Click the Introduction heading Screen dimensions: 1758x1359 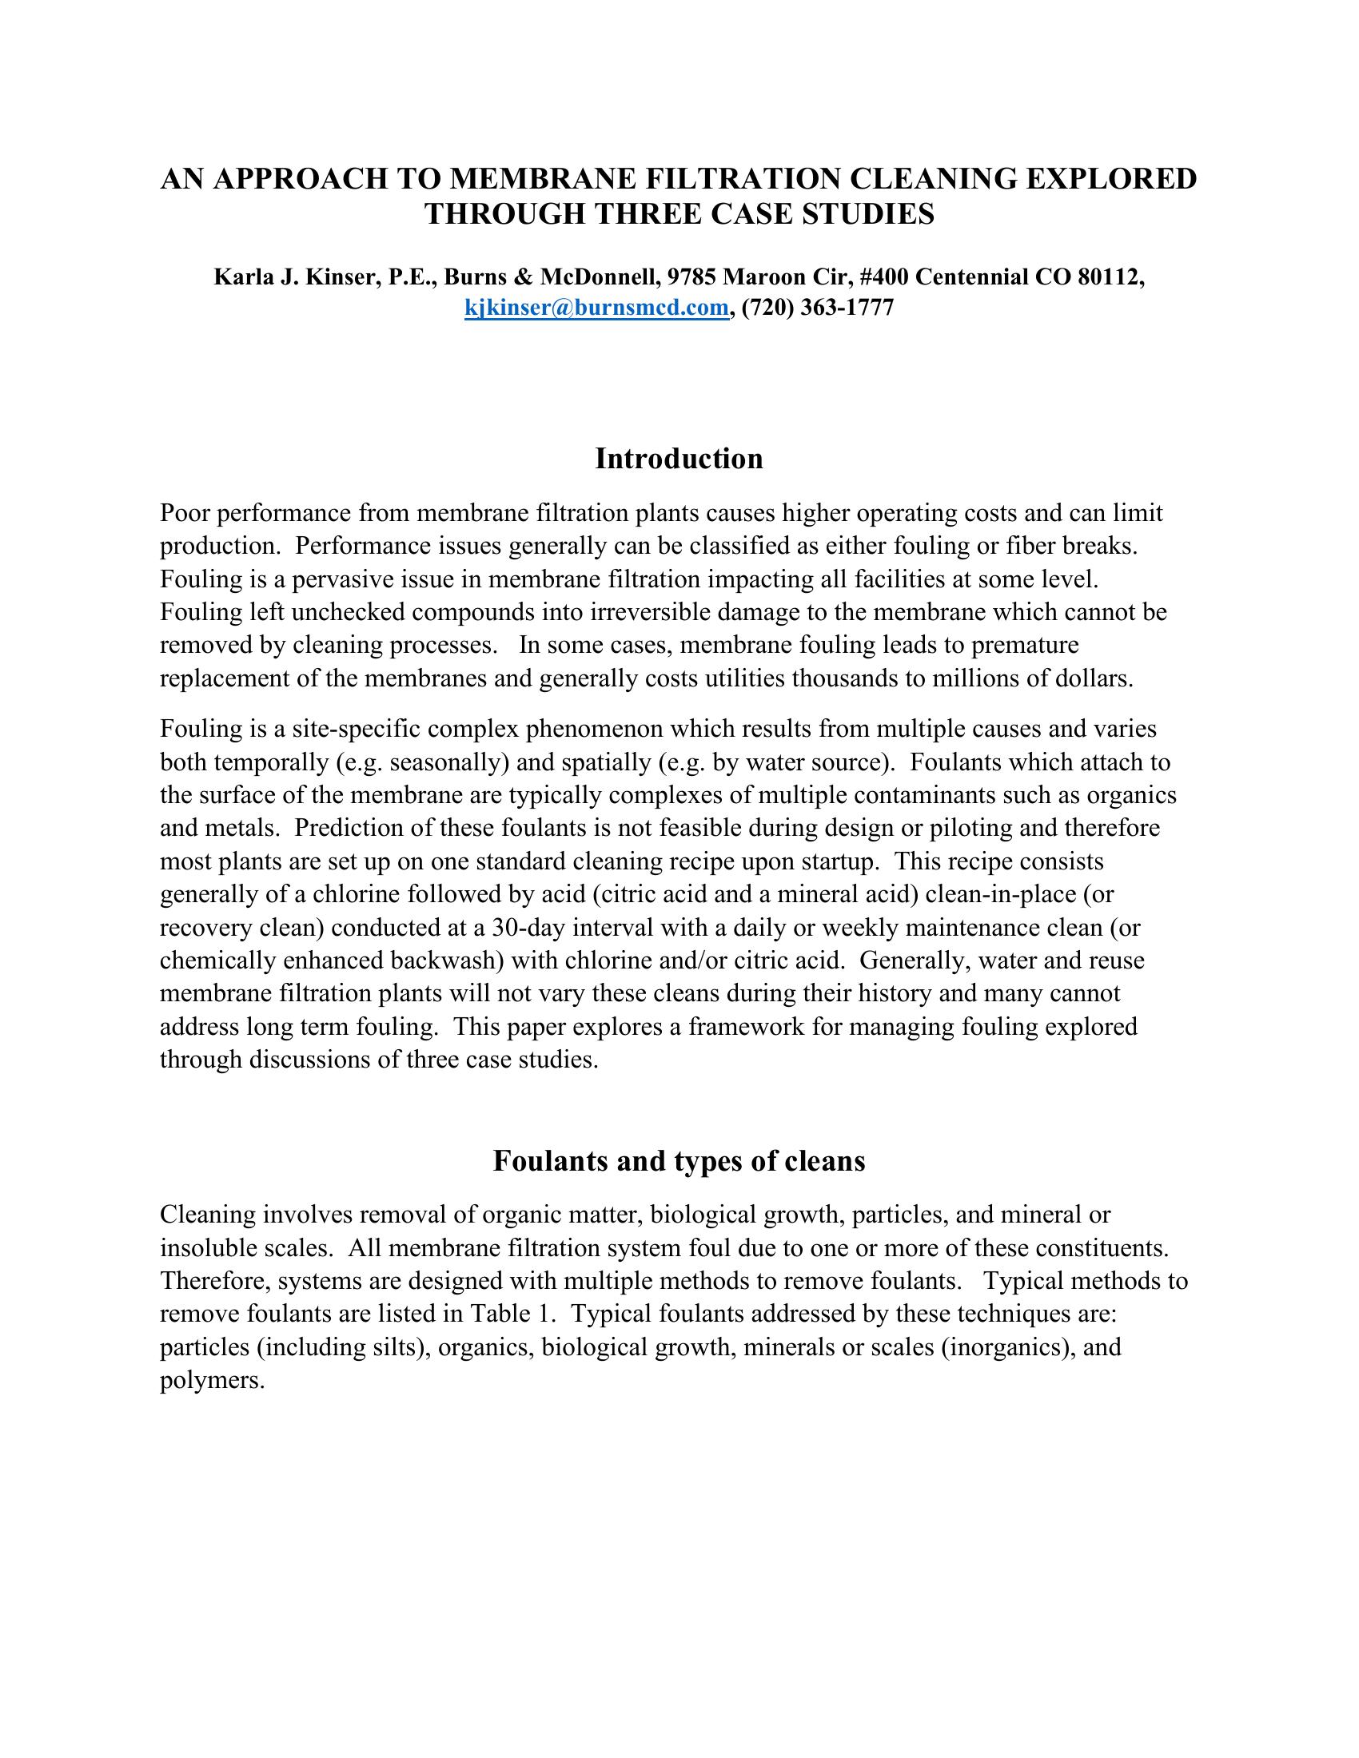point(679,459)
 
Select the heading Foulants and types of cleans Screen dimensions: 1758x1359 point(679,1161)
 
